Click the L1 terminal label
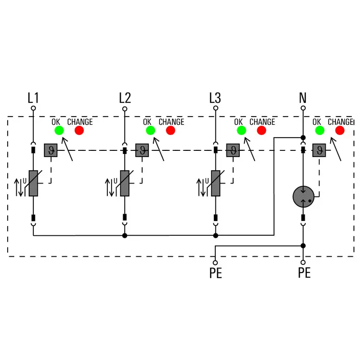coord(33,98)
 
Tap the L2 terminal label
coord(125,98)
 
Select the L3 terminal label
coord(215,98)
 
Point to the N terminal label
coord(303,98)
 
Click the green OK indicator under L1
coord(59,130)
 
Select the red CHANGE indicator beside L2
coord(170,130)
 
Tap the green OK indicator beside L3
coord(241,130)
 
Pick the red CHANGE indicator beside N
coord(340,130)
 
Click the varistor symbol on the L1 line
coord(34,183)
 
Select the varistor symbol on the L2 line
coord(125,183)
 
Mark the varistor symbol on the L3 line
coord(216,183)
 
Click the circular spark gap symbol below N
coord(303,197)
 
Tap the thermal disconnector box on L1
coord(51,150)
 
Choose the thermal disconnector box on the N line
coord(320,150)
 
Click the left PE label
coord(216,273)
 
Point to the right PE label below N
coord(304,273)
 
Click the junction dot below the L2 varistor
coord(125,236)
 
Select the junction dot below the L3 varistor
coord(216,236)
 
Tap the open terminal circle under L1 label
coord(33,108)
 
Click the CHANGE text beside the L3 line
coord(262,122)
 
